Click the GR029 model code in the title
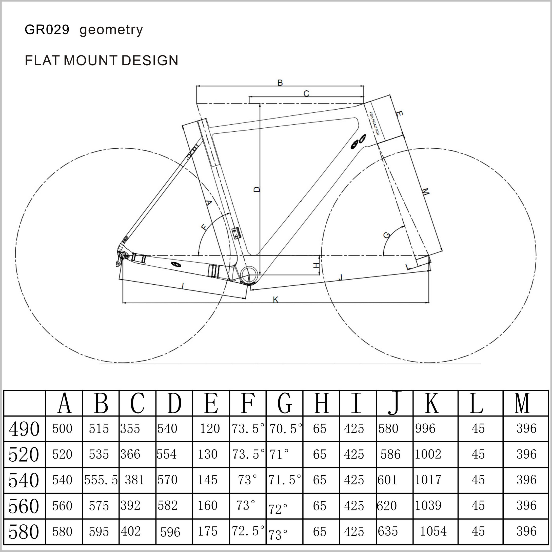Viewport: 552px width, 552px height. click(x=47, y=30)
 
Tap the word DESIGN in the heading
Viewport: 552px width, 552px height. click(x=150, y=61)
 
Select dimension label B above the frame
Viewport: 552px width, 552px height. click(x=280, y=83)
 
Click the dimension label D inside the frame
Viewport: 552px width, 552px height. click(x=257, y=189)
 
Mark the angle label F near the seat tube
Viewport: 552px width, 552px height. click(x=204, y=227)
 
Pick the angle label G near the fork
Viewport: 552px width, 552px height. click(x=387, y=235)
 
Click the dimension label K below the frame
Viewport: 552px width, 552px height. click(x=275, y=300)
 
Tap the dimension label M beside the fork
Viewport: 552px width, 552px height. click(x=425, y=192)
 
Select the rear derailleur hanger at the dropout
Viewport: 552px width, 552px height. click(x=120, y=259)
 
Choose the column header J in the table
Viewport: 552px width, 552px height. click(x=395, y=403)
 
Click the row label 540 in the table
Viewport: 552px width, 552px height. click(x=24, y=480)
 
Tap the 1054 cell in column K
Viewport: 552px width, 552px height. click(x=433, y=531)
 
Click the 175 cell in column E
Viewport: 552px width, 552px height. click(x=208, y=531)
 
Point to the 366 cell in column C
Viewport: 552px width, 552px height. click(x=130, y=454)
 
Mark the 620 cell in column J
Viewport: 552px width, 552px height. click(x=387, y=506)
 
